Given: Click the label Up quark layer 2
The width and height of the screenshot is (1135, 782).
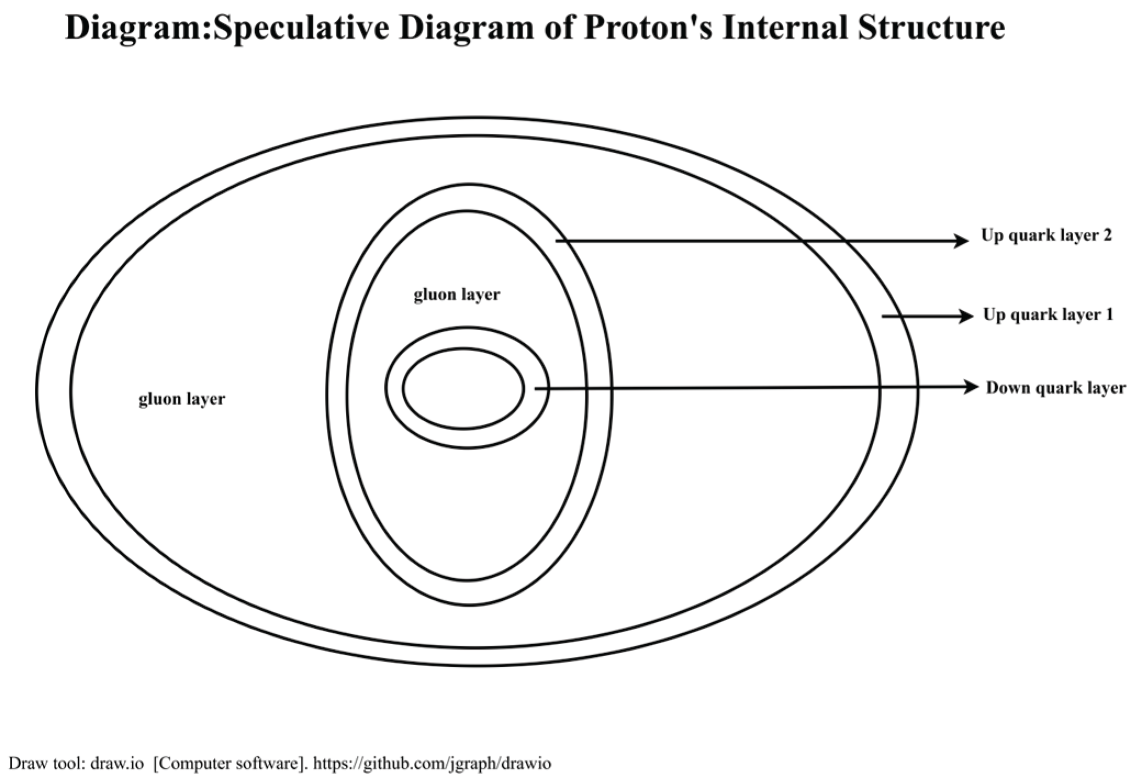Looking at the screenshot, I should click(x=1046, y=236).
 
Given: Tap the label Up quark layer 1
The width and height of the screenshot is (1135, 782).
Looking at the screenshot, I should click(x=1048, y=315).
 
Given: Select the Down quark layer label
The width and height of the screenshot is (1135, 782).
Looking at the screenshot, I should click(x=1055, y=388).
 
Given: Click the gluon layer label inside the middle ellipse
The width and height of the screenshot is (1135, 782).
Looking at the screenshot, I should click(x=457, y=295).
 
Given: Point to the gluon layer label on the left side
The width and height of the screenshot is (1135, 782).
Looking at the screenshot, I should click(x=182, y=399).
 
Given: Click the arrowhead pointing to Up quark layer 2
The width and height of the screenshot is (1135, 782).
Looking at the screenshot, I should click(x=962, y=241).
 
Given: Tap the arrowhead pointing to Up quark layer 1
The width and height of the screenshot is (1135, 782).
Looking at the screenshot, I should click(x=966, y=316).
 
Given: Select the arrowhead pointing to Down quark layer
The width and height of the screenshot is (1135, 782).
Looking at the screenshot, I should click(x=971, y=388).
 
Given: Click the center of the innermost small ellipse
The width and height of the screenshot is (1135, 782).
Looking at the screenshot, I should click(x=463, y=389).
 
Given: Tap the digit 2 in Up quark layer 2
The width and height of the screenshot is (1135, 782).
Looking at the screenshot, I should click(x=1106, y=236).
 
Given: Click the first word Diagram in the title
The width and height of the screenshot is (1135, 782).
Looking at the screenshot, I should click(x=134, y=29).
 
